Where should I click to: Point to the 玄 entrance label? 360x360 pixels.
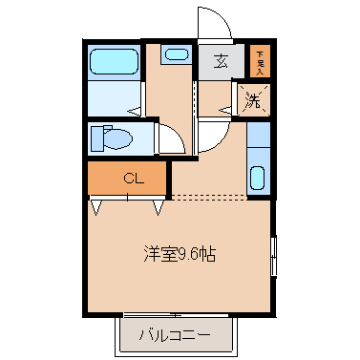[221, 62]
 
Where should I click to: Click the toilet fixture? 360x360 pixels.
[114, 139]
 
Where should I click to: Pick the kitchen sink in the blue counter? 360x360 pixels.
[257, 178]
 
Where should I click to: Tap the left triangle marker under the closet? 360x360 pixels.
[97, 204]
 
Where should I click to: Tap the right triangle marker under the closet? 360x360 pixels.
[159, 204]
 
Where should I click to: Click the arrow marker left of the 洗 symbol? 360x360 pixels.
[226, 111]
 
